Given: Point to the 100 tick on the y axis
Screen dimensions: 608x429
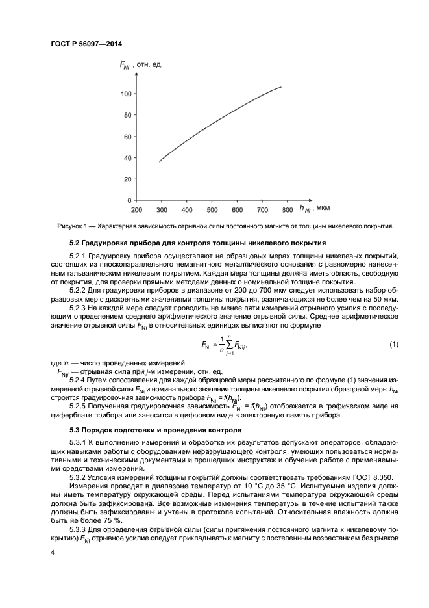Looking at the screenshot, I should click(x=127, y=94).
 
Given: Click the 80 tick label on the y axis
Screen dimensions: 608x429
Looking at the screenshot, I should click(x=129, y=115).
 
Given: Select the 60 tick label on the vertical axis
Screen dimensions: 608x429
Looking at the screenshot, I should click(x=129, y=137).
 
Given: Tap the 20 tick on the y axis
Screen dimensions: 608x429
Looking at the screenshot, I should click(x=129, y=179).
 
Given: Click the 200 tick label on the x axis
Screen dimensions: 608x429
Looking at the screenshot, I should click(x=136, y=210).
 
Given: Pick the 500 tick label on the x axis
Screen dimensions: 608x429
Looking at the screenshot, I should click(x=212, y=210).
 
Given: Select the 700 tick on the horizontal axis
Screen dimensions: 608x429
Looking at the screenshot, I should click(x=262, y=210).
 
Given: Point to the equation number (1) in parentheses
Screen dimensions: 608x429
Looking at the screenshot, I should click(x=393, y=343).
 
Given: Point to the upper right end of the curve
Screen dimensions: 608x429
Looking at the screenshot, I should click(x=281, y=86).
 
